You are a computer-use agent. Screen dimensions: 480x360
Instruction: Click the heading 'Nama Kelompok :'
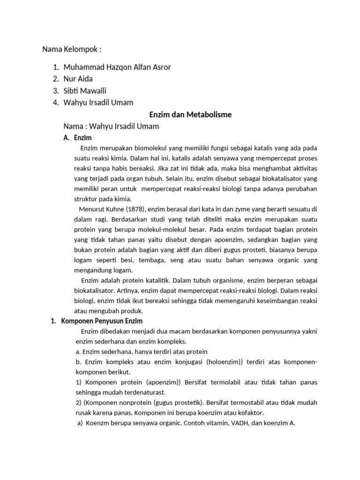point(72,49)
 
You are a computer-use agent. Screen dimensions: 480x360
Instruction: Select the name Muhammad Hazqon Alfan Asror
point(117,67)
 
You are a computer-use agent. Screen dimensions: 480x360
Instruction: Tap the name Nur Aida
point(78,79)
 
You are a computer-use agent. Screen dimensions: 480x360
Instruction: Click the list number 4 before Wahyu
point(55,102)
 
